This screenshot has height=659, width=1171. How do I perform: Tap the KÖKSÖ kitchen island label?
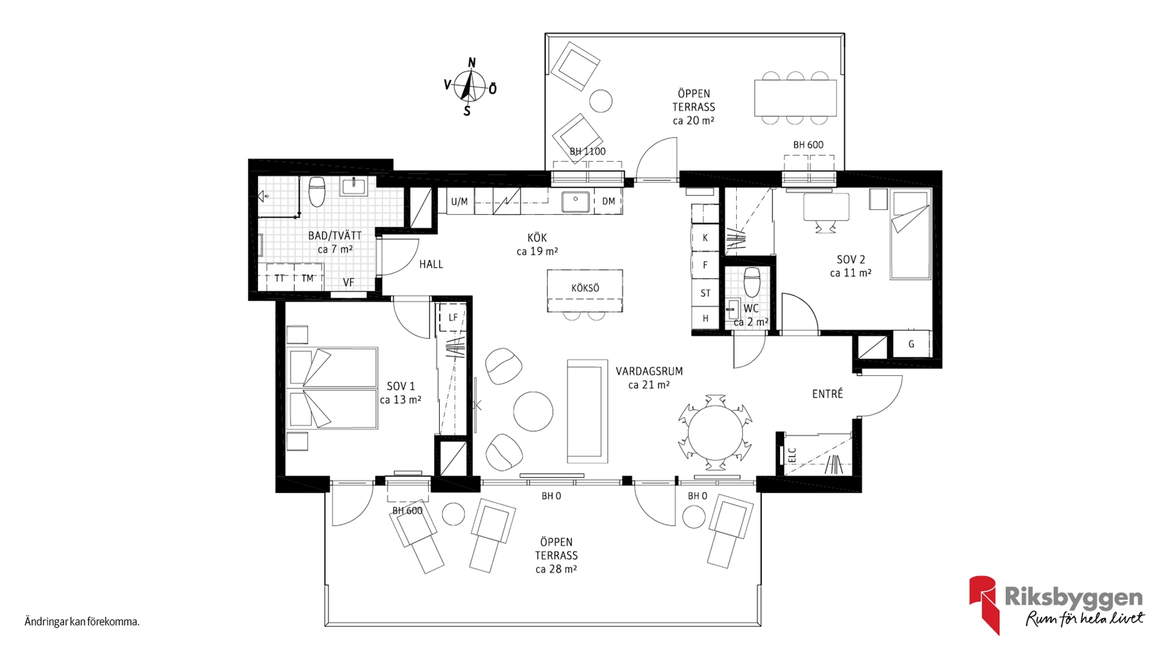click(x=585, y=288)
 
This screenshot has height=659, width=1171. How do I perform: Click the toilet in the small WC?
click(x=751, y=282)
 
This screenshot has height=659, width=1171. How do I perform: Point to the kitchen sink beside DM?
click(x=576, y=202)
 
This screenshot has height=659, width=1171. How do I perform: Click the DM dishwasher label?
click(x=609, y=202)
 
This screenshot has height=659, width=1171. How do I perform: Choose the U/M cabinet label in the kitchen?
click(x=459, y=202)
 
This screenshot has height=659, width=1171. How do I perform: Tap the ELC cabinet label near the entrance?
click(x=792, y=455)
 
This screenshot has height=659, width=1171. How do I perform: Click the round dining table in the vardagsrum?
click(x=715, y=433)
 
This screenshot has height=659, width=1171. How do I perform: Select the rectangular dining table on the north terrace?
click(x=795, y=98)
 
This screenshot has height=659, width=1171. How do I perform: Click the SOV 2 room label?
click(x=850, y=259)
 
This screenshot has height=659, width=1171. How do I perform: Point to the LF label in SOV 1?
click(x=453, y=317)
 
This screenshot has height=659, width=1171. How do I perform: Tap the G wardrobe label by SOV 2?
click(x=911, y=344)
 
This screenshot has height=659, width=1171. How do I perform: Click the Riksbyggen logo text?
click(x=1073, y=598)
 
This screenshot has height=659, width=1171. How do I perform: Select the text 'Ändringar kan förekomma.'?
click(x=82, y=622)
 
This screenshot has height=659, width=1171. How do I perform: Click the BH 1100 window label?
click(x=588, y=152)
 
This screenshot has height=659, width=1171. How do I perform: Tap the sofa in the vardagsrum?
click(x=588, y=411)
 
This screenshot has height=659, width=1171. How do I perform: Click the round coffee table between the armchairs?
click(x=533, y=411)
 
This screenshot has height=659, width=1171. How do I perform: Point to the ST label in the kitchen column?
click(x=705, y=294)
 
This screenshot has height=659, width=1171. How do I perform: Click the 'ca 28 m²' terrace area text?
click(x=556, y=569)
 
